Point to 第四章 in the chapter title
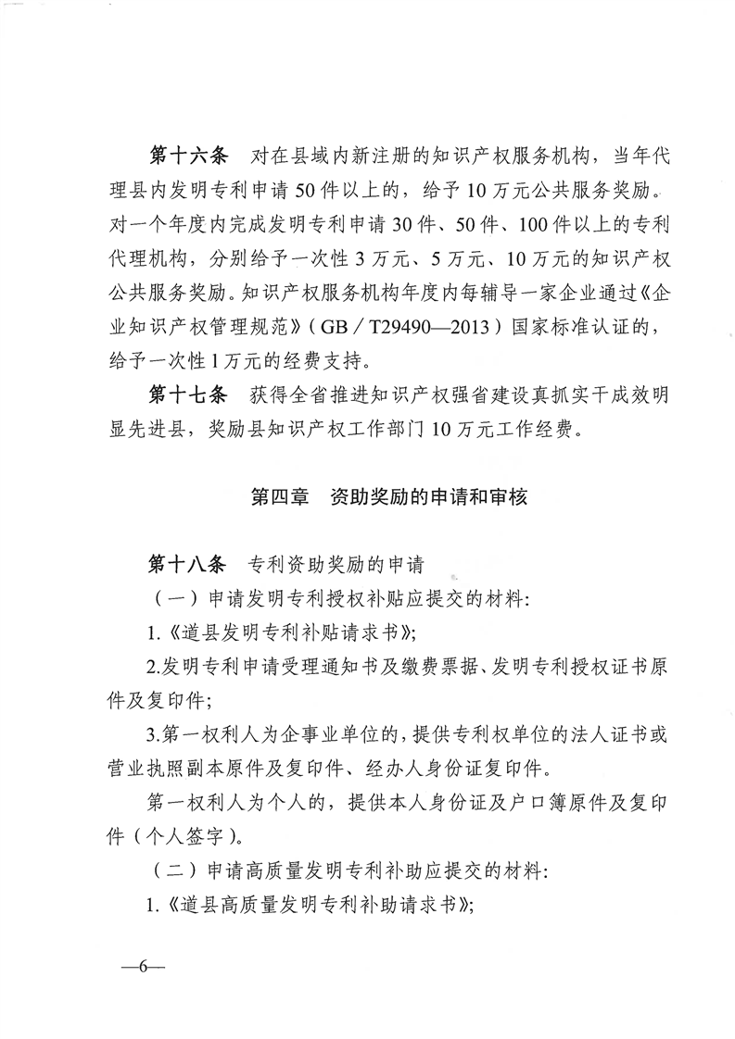281,496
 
